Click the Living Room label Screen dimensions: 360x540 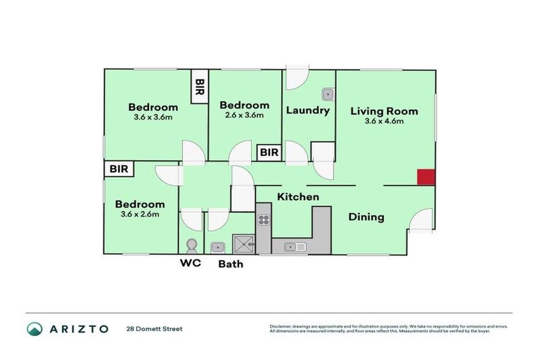point(384,110)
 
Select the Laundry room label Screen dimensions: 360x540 point(308,110)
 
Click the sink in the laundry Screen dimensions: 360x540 point(327,94)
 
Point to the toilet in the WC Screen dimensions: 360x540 point(191,245)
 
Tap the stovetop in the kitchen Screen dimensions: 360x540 point(264,220)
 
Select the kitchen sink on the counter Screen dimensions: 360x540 point(295,246)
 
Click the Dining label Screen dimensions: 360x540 point(366,217)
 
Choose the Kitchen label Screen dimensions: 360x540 point(297,197)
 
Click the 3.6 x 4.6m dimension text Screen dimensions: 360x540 point(384,121)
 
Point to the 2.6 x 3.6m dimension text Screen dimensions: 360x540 point(244,115)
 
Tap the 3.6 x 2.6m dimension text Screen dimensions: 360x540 point(141,214)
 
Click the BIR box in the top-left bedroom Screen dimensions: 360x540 point(200,88)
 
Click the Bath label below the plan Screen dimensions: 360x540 point(231,264)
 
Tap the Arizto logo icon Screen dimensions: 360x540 point(35,328)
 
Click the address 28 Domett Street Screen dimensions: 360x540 point(154,328)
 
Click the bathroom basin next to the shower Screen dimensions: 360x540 point(217,246)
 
